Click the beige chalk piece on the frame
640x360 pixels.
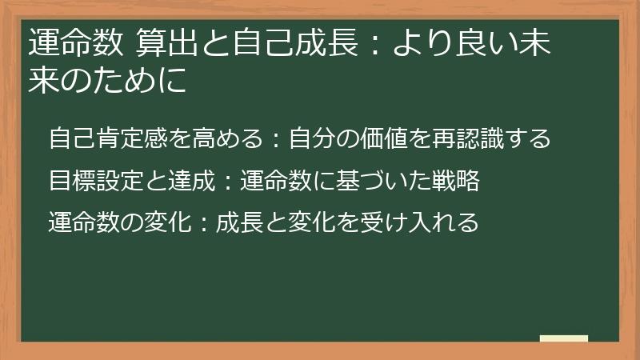pos(564,338)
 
